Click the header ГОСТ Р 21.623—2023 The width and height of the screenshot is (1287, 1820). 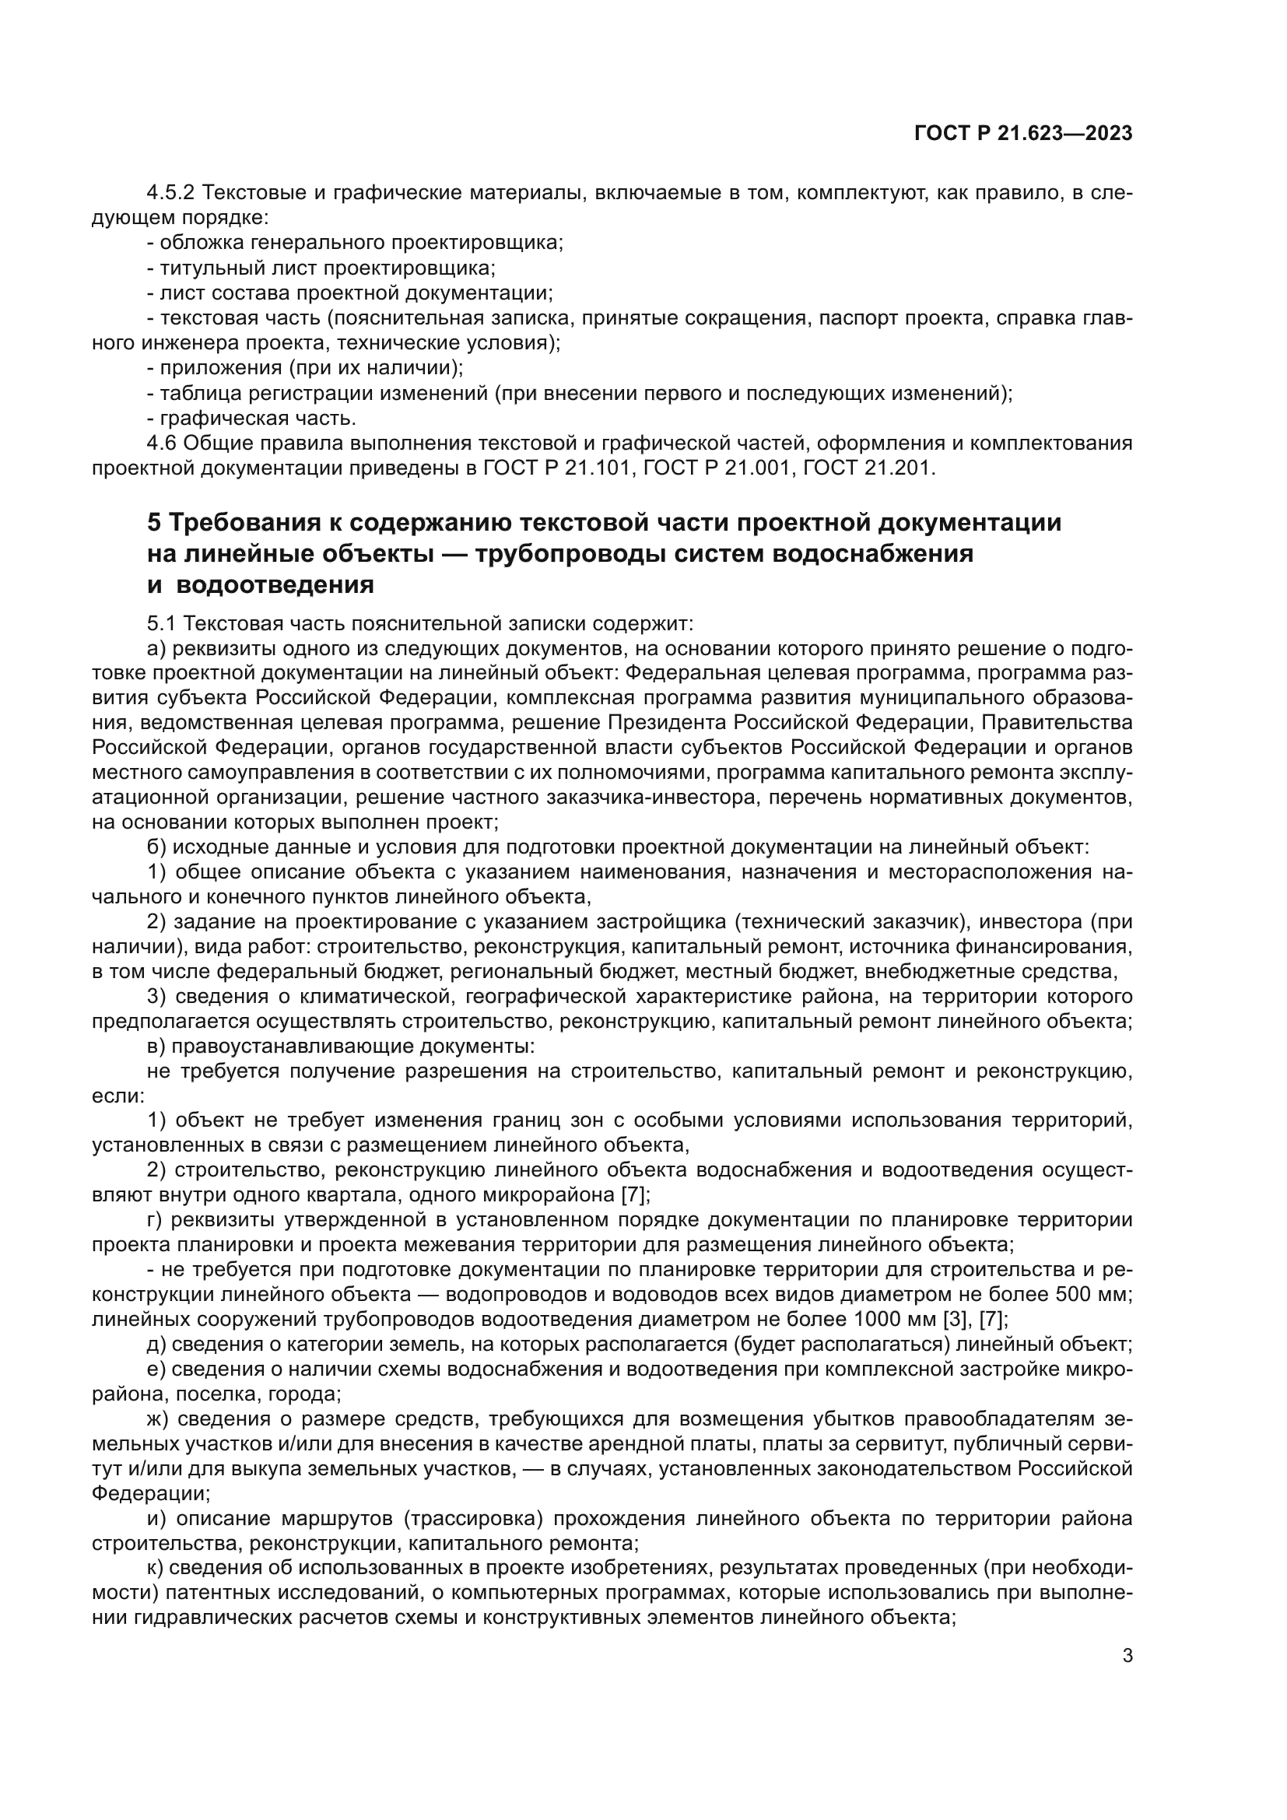coord(1023,133)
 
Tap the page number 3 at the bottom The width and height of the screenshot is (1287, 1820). coord(1127,1656)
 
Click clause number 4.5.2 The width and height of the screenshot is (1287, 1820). coord(172,193)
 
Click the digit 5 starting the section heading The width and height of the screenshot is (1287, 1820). coord(154,523)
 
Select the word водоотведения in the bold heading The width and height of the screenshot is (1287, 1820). coord(274,585)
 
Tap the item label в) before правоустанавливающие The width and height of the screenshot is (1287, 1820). coord(157,1047)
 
